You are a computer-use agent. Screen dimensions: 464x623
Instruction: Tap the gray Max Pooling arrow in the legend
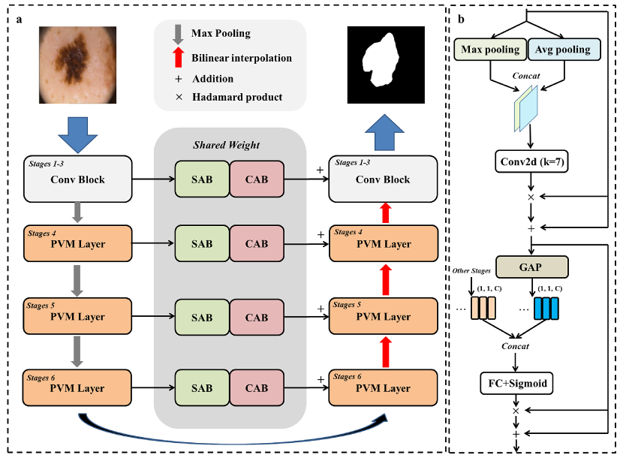pos(178,35)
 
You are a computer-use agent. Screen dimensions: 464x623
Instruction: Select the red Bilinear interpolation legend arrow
pos(178,57)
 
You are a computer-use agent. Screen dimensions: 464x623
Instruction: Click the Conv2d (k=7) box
pos(531,161)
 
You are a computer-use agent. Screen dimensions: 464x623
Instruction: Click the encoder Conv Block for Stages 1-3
pos(77,179)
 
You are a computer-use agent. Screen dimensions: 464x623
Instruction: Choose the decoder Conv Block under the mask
pos(383,179)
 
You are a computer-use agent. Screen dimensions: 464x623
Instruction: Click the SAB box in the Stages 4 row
pos(201,243)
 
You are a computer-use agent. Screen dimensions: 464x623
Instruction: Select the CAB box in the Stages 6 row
pos(257,388)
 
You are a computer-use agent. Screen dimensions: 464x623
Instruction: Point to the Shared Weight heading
pos(230,145)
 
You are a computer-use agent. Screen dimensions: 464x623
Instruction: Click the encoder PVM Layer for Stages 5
pos(77,316)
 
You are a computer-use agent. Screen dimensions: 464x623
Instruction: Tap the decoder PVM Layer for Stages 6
pos(383,388)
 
